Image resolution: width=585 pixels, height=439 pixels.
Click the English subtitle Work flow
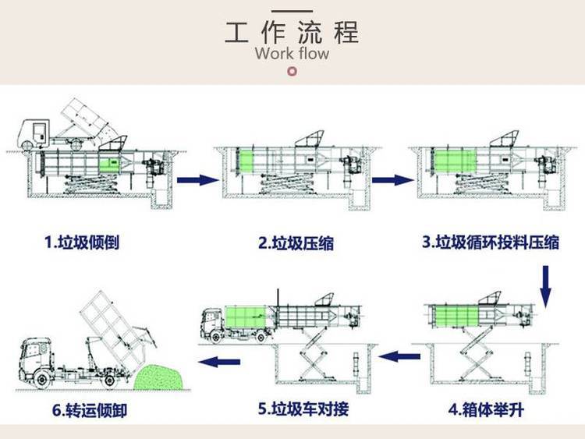tap(292, 54)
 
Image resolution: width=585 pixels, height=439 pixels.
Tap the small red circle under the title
tap(292, 73)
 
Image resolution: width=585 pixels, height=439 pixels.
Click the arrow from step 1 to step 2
tap(197, 180)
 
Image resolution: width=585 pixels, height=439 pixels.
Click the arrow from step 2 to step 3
tap(392, 180)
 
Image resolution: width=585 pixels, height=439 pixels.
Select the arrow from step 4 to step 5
tap(404, 357)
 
